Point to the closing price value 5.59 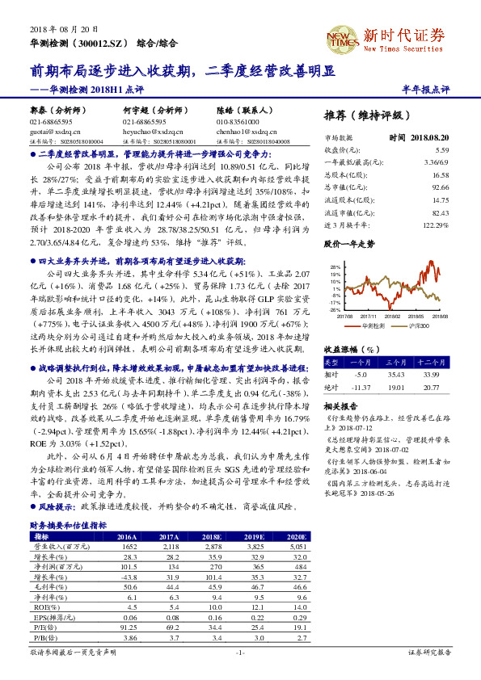point(441,150)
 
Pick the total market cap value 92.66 point(440,186)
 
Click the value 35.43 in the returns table point(395,374)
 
